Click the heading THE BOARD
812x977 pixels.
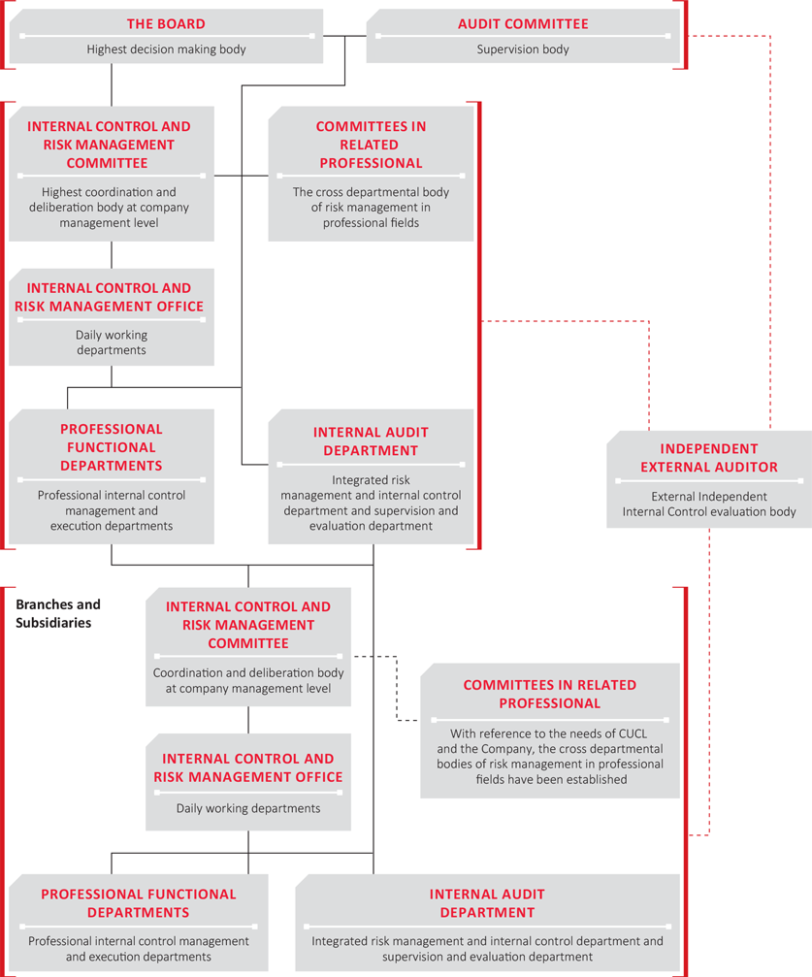[x=166, y=23]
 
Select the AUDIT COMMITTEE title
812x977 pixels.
[x=523, y=23]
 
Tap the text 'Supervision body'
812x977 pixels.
[x=523, y=49]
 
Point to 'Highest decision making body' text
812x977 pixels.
[x=166, y=49]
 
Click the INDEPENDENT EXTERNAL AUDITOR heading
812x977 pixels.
[x=709, y=458]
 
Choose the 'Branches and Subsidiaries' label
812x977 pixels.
[x=58, y=613]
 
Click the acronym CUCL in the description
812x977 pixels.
[x=632, y=733]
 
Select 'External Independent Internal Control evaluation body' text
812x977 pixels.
[x=709, y=505]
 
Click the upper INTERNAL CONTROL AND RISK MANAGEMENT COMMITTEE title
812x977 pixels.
[x=109, y=145]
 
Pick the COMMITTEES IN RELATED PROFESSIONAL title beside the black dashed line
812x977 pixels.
[x=550, y=694]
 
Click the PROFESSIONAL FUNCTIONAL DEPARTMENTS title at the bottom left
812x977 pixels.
[x=139, y=903]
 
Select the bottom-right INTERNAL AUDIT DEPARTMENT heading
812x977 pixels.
[x=487, y=903]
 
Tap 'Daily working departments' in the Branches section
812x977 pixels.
[x=248, y=808]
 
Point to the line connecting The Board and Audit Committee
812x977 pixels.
[x=344, y=36]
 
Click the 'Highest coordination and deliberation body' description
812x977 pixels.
[x=109, y=208]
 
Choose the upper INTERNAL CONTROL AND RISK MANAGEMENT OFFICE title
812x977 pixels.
[x=109, y=297]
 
